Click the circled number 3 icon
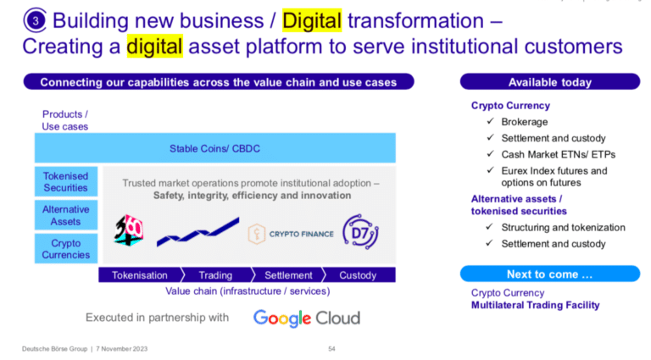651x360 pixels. point(35,20)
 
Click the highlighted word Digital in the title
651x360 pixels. point(312,20)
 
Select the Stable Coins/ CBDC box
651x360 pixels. point(215,148)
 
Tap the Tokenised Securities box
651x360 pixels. point(66,181)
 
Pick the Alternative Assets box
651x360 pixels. point(66,215)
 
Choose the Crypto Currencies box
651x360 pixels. point(66,248)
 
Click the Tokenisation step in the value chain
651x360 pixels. point(141,275)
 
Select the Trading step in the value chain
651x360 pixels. point(216,275)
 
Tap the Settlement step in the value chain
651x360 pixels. point(288,275)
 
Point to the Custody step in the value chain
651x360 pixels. point(359,275)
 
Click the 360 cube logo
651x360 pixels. point(129,230)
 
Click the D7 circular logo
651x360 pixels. point(360,232)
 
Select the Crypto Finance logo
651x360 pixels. point(291,234)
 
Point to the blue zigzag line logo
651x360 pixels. point(198,232)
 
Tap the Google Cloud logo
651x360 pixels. point(307,318)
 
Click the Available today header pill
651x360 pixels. point(550,81)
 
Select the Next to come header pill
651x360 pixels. point(550,274)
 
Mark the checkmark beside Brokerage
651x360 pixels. point(490,121)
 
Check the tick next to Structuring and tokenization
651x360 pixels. point(489,227)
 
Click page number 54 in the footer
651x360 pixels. point(331,349)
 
